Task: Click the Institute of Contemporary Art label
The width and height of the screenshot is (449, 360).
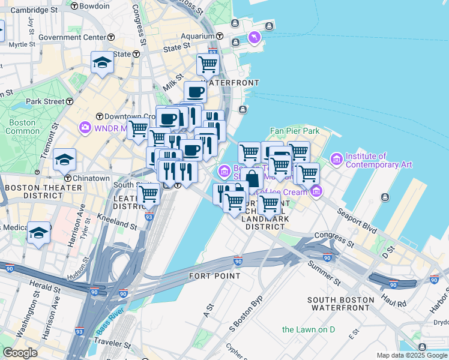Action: coord(378,160)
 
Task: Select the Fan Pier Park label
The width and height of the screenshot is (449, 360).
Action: coord(294,131)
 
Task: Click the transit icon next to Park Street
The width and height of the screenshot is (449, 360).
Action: coord(70,101)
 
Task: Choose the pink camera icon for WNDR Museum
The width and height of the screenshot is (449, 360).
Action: coord(85,127)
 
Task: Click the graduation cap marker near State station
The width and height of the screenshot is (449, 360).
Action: coord(103,62)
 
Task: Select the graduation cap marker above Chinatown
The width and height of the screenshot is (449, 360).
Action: coord(64,160)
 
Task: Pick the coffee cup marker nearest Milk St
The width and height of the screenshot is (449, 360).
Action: coord(195,92)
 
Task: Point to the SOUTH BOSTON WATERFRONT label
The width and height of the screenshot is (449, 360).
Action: coord(338,304)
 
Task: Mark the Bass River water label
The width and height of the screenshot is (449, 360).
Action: coord(108,328)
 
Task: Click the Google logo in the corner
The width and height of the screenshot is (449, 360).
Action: coord(20,352)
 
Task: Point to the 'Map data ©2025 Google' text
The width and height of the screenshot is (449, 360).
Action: coord(412,355)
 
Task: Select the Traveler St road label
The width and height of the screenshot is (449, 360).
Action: coord(112,346)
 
